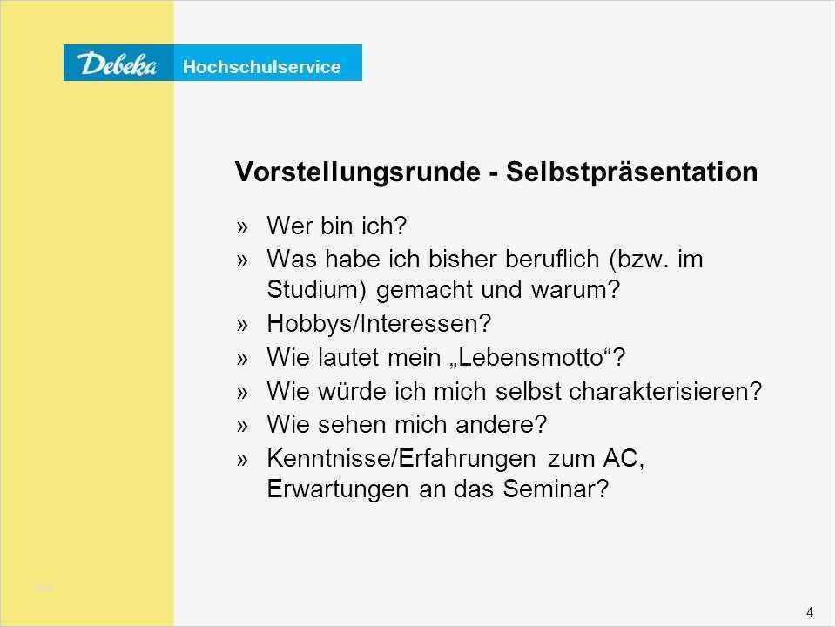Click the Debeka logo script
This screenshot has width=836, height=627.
(x=117, y=64)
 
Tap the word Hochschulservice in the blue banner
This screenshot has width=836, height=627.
(x=262, y=67)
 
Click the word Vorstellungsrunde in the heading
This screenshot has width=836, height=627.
(x=358, y=172)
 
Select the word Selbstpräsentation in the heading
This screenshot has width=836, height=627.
(x=632, y=172)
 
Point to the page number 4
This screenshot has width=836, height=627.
(x=810, y=612)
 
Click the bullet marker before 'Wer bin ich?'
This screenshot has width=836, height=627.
(x=243, y=227)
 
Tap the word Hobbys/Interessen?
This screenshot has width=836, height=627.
(x=379, y=324)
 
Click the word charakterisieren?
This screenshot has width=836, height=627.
(x=666, y=391)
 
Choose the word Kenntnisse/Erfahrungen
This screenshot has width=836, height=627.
(x=401, y=459)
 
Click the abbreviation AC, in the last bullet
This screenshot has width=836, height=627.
(x=624, y=458)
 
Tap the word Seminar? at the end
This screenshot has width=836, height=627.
(x=556, y=489)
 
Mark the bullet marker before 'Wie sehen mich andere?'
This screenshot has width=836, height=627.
(x=243, y=426)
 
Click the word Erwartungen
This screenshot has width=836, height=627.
(x=338, y=489)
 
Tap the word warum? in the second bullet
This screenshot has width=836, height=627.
(x=576, y=289)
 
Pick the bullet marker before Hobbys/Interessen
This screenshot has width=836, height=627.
(x=243, y=325)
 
